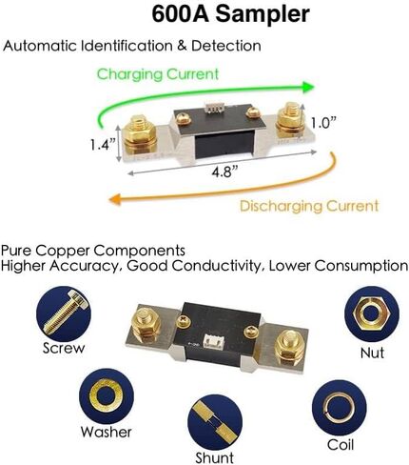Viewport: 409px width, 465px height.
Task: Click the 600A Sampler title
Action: [x=230, y=14]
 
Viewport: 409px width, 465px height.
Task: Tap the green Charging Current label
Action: [x=158, y=74]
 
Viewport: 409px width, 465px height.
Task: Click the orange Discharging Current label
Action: [x=309, y=206]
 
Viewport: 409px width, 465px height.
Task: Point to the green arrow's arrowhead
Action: [x=307, y=87]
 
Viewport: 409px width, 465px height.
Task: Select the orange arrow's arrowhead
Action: [x=115, y=199]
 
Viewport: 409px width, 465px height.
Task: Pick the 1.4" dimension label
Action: [x=103, y=145]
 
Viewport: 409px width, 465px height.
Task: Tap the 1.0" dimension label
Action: [x=323, y=123]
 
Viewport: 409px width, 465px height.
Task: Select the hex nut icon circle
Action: [x=372, y=313]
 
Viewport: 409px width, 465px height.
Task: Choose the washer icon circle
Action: [x=107, y=395]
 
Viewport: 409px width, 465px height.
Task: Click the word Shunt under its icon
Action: [x=215, y=457]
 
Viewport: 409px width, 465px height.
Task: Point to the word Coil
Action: [x=341, y=445]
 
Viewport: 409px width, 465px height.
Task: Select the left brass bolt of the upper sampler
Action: [x=139, y=135]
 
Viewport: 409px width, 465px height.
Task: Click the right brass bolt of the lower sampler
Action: [x=290, y=347]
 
